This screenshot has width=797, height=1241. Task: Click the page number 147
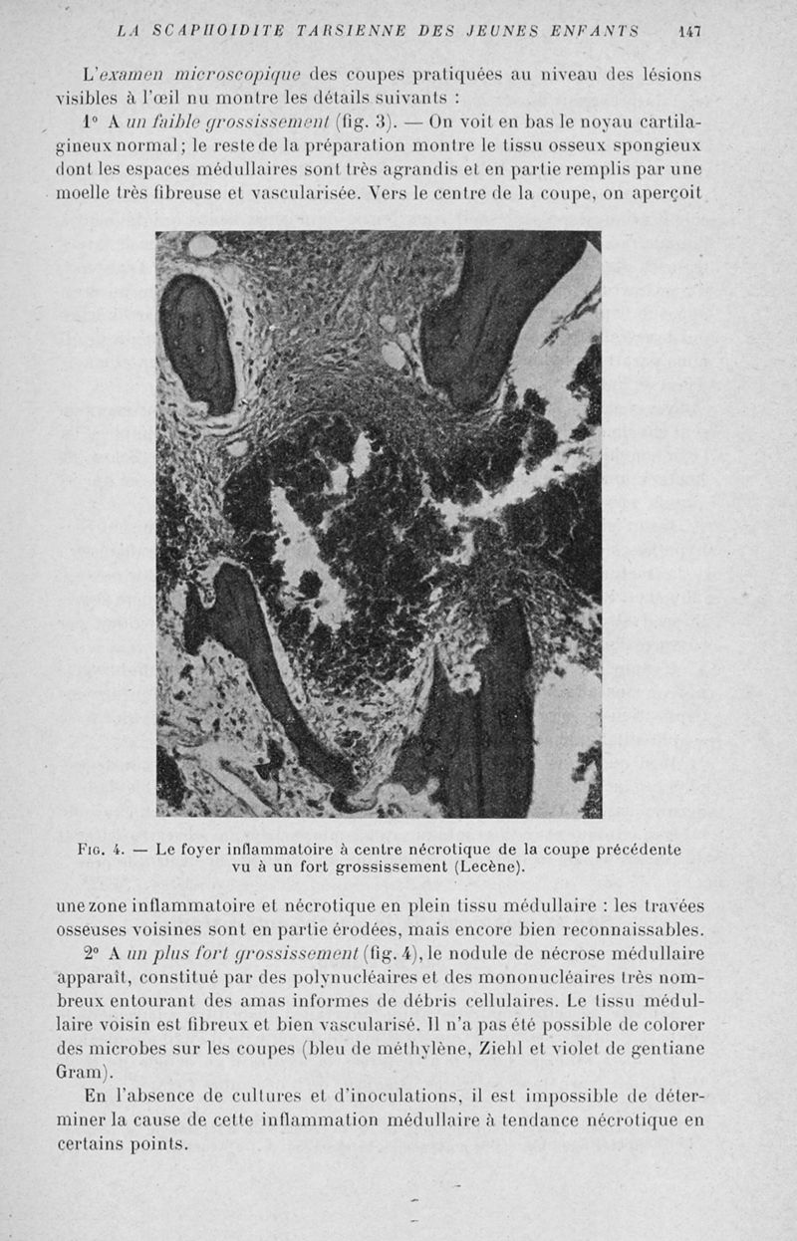click(x=689, y=31)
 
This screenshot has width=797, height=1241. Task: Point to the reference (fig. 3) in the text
click(x=371, y=124)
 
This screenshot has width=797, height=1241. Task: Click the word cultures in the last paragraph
click(x=260, y=1097)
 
